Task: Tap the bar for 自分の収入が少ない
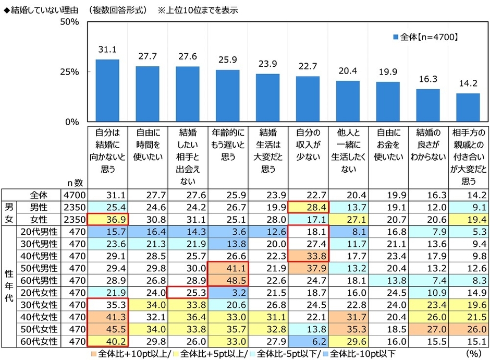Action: (x=308, y=99)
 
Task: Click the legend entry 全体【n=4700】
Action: (x=425, y=37)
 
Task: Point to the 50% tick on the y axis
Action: (x=69, y=22)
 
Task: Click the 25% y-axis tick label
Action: (x=69, y=72)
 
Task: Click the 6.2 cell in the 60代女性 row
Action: (x=308, y=342)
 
